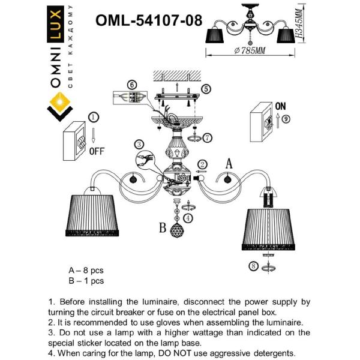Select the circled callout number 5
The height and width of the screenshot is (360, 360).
point(206,89)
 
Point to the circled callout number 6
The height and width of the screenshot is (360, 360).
point(133,85)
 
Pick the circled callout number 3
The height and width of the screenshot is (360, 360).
point(139,145)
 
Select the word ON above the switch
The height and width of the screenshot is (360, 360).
point(280,105)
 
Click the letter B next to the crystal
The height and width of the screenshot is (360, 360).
point(162,228)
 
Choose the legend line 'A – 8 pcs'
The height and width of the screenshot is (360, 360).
point(86,271)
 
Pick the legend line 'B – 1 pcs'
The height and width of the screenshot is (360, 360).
point(86,280)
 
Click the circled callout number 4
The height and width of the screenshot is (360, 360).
point(188,217)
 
